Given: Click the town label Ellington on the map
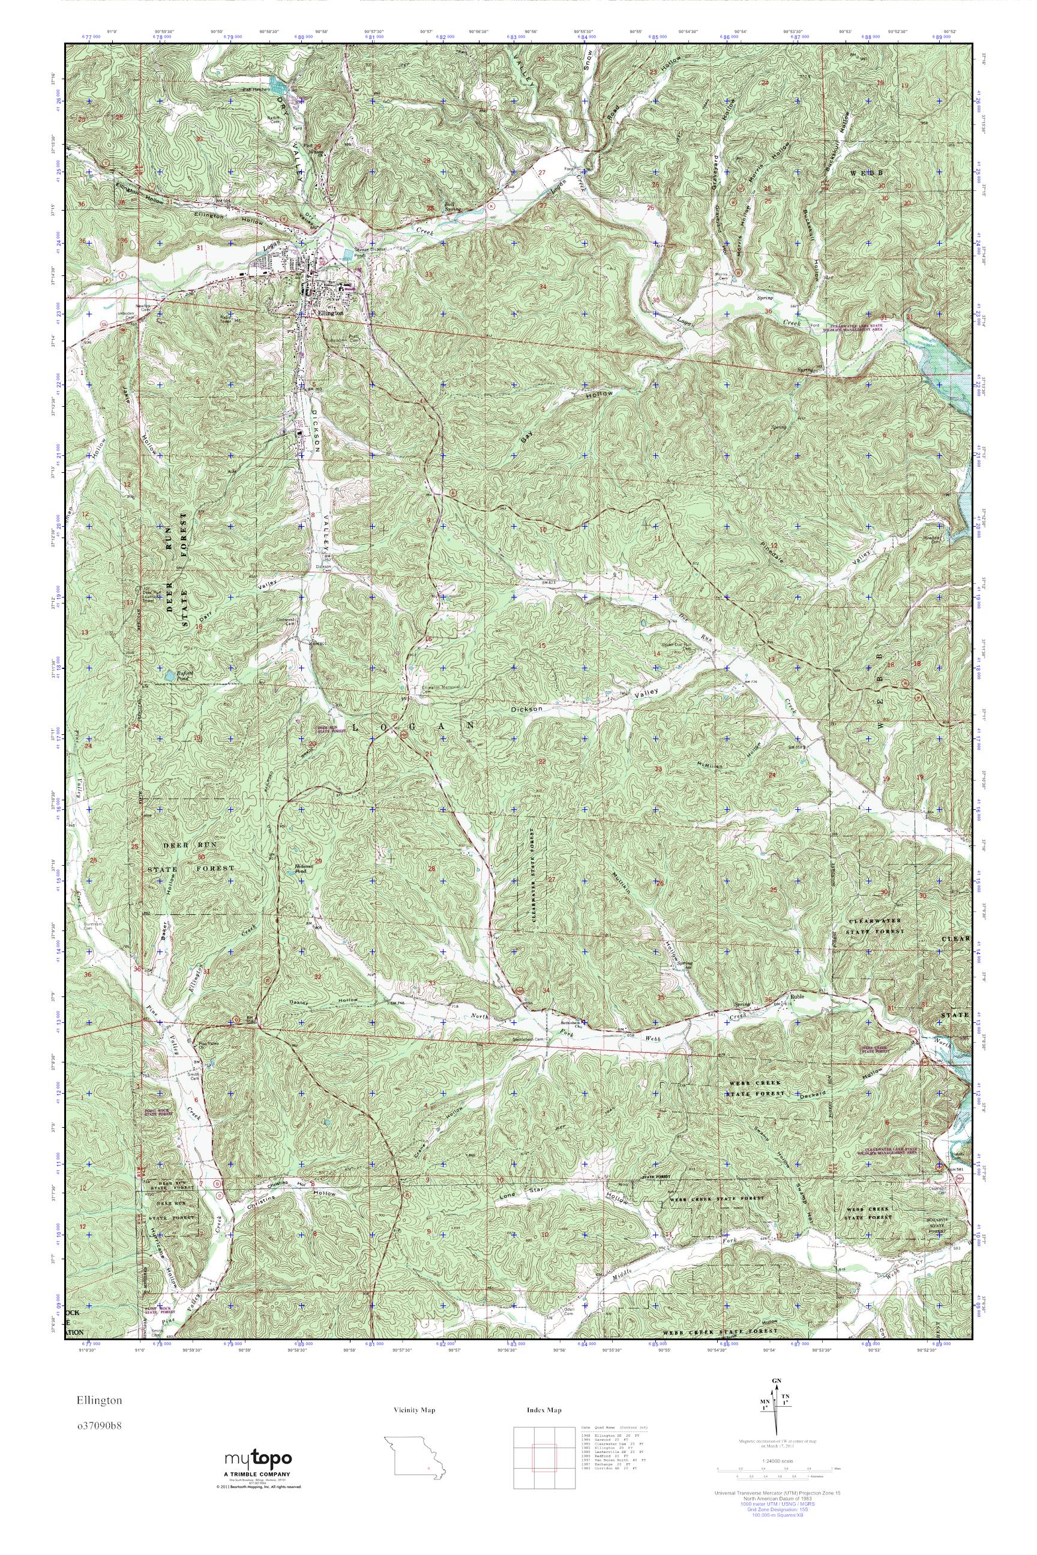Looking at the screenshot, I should [330, 313].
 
